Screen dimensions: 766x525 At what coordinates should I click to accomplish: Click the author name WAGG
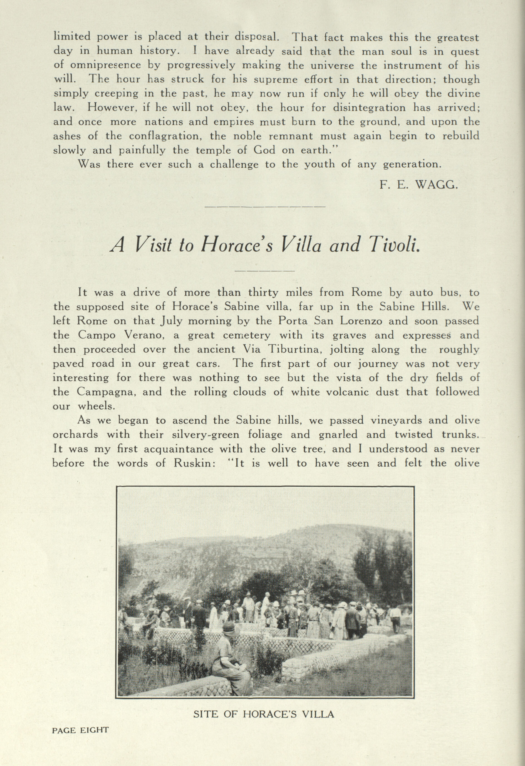(x=436, y=185)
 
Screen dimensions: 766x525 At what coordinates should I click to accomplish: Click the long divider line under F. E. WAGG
(x=265, y=207)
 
